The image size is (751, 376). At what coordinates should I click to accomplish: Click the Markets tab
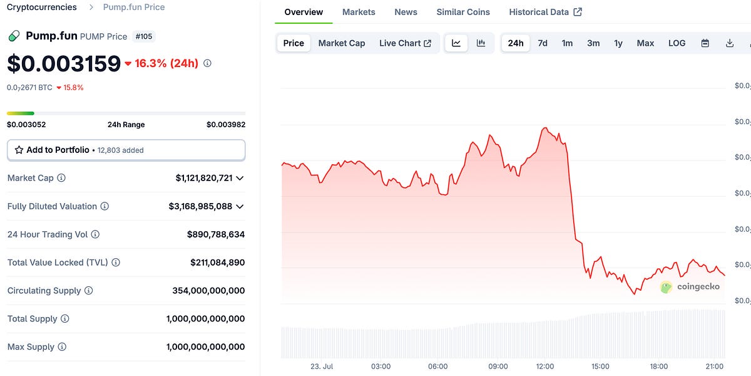(359, 12)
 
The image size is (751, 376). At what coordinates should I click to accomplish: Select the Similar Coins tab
(463, 12)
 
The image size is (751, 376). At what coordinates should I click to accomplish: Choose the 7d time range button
(543, 43)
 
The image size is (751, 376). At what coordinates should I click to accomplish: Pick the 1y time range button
(618, 43)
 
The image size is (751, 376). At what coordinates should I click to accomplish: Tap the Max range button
(645, 43)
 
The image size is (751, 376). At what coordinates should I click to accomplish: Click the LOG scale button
(677, 43)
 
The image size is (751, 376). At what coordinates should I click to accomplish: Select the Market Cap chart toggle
(342, 43)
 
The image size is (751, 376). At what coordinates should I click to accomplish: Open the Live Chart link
(405, 43)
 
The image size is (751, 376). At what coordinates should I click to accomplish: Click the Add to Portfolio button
(126, 150)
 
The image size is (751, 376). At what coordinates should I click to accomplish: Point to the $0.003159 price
(64, 64)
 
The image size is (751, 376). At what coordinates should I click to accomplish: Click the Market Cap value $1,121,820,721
(204, 178)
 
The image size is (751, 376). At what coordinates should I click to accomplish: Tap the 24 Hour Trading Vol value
(216, 234)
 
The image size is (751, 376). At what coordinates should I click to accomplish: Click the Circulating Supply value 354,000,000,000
(208, 291)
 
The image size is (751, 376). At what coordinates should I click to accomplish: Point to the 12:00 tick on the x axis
(545, 367)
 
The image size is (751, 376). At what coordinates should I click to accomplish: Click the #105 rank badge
(144, 36)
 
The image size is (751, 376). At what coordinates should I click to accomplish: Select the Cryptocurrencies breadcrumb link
(42, 8)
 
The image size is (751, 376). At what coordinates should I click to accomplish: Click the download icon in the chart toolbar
(730, 43)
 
